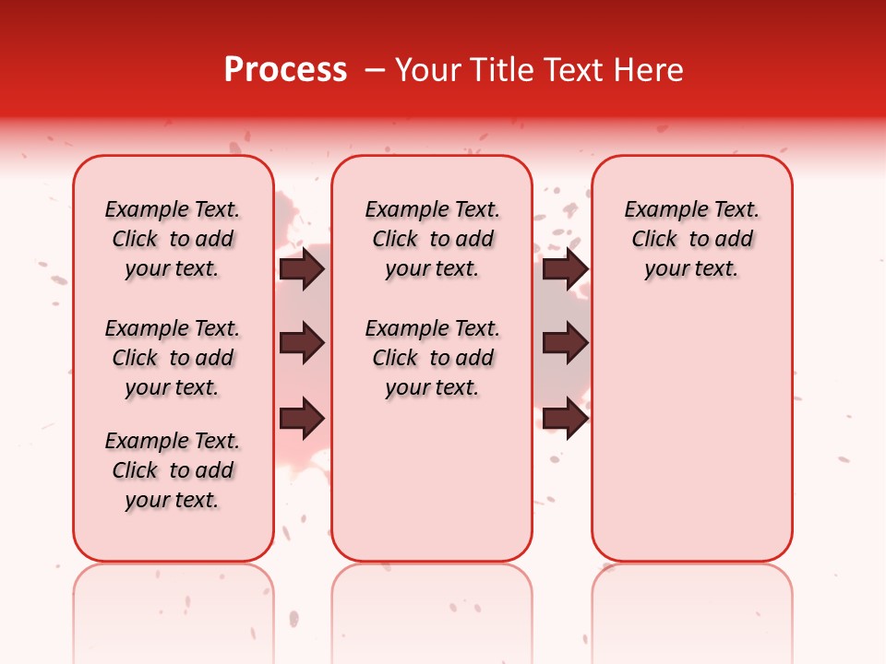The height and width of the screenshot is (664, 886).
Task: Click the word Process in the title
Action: coord(285,70)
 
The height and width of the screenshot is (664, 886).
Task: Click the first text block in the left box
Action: coord(173,239)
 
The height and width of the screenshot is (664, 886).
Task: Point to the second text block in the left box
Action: coord(173,358)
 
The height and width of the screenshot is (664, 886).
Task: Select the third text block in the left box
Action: coord(173,470)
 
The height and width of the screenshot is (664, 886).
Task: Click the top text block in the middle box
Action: coord(432,239)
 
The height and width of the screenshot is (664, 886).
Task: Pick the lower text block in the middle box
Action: coord(432,358)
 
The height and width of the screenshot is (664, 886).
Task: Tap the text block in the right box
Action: coord(691,239)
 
